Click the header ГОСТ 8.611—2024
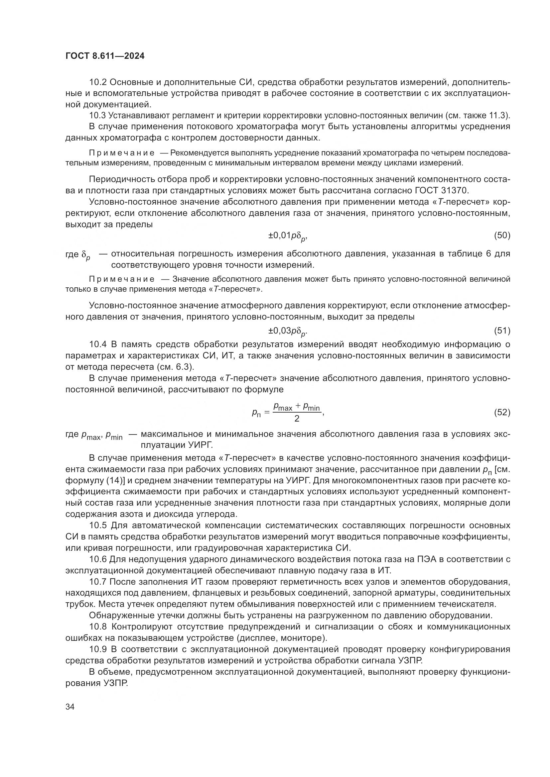[x=105, y=56]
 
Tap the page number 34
[x=70, y=707]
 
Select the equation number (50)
[x=502, y=236]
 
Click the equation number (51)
[x=502, y=331]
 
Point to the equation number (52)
[x=502, y=412]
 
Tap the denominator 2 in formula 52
[x=297, y=419]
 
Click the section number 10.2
[x=98, y=82]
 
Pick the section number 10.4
[x=98, y=344]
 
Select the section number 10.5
[x=98, y=525]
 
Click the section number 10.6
[x=98, y=559]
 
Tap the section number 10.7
[x=98, y=582]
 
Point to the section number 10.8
[x=98, y=627]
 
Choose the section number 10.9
[x=98, y=649]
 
